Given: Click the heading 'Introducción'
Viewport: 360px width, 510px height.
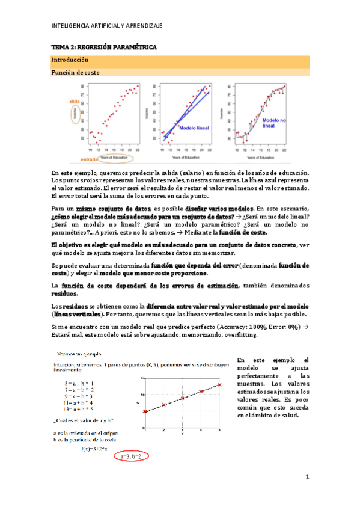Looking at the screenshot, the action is (x=70, y=60).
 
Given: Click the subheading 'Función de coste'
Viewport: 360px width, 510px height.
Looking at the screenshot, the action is (x=76, y=72).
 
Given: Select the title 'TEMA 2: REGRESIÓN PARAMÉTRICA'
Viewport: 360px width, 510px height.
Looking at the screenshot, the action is (x=103, y=46).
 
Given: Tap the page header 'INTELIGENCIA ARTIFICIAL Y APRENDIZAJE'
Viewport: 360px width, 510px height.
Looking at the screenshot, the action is (x=108, y=26).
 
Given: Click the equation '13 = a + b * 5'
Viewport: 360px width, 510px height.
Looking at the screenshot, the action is (x=79, y=407).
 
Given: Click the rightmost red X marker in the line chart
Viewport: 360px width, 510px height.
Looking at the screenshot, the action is (x=219, y=384).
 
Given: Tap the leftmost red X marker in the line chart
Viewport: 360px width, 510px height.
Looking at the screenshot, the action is (x=145, y=411).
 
